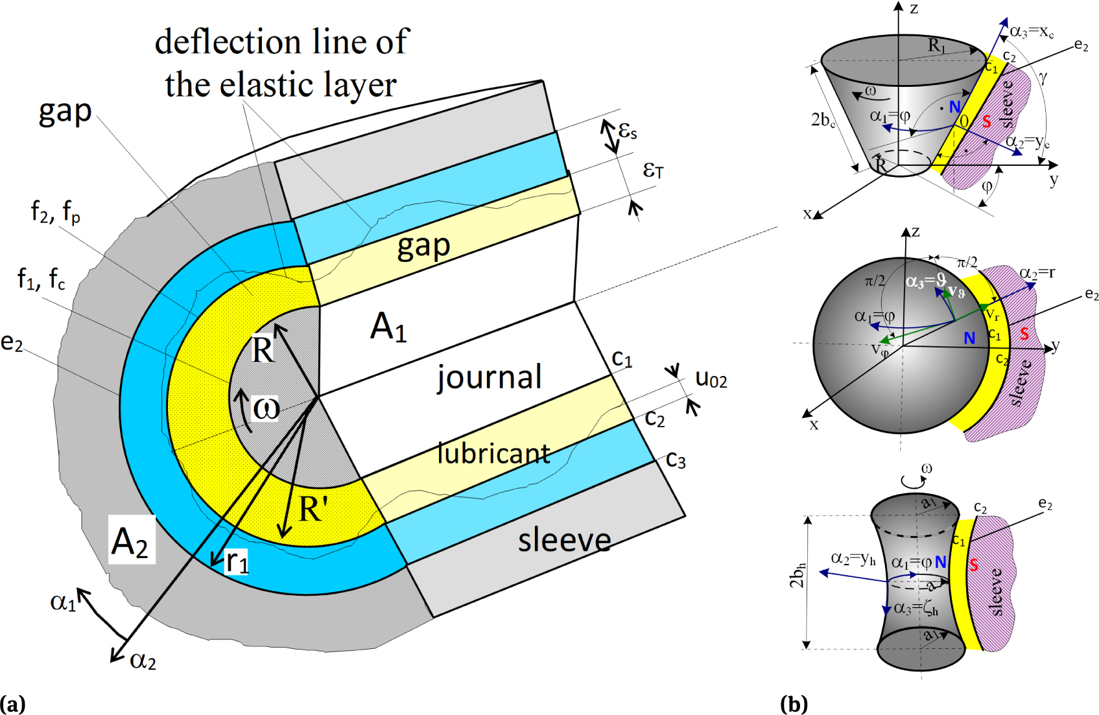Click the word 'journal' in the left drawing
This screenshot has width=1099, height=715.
coord(490,377)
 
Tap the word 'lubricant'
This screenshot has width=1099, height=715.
coord(494,453)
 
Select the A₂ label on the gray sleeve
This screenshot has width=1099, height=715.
coord(131,542)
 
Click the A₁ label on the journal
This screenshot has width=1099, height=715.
coord(388,326)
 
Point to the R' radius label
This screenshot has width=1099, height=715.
coord(313,510)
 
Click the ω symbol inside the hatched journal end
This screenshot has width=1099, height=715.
coord(266,408)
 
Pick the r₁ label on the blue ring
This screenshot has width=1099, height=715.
coord(237,561)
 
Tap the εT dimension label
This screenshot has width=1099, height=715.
coord(653,170)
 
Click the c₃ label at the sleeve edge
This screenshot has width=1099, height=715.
coord(676,460)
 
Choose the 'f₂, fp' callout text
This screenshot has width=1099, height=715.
coord(56,211)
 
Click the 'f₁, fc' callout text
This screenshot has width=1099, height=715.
coord(41,279)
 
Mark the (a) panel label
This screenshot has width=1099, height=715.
coord(12,704)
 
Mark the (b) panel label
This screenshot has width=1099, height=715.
coord(794,704)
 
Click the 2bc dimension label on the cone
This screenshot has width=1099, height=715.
coord(823,120)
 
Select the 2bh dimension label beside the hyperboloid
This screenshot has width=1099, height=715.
coord(798,575)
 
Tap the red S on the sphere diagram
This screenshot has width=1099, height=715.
coord(1024,334)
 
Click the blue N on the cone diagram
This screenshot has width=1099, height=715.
coord(954,107)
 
